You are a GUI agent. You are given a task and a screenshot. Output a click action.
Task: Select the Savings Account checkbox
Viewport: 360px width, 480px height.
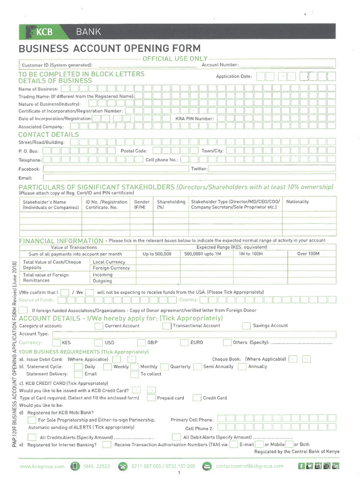coord(246,326)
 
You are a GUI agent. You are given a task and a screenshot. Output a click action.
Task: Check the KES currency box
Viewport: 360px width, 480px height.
coord(55,343)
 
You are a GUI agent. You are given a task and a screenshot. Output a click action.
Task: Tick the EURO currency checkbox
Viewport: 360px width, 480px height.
coord(184,343)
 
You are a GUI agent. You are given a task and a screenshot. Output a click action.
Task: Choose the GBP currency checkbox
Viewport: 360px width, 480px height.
coord(141,343)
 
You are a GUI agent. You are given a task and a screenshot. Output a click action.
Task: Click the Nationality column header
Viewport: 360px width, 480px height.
coord(297,202)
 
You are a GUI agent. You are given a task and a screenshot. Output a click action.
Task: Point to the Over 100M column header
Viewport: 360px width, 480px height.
coord(308,254)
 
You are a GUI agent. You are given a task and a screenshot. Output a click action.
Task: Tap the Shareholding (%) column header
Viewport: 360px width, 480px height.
coord(167,204)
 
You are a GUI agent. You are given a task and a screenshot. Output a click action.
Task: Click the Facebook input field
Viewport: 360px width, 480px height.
coord(115,169)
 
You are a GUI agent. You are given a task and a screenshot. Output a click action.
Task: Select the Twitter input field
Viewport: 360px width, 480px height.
coord(272,169)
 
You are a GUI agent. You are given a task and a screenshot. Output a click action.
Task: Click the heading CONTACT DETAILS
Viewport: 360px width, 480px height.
coord(48,135)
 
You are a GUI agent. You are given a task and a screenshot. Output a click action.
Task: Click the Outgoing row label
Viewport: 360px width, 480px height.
coord(102,281)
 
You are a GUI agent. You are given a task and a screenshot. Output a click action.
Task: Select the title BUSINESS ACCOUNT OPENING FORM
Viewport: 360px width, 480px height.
coord(109,49)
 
